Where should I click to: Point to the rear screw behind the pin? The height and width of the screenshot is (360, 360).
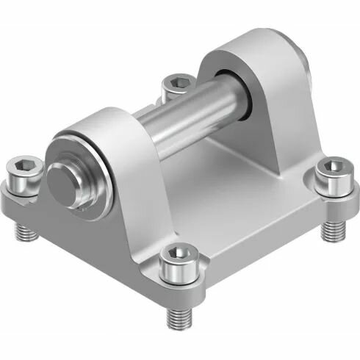(x=176, y=83)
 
